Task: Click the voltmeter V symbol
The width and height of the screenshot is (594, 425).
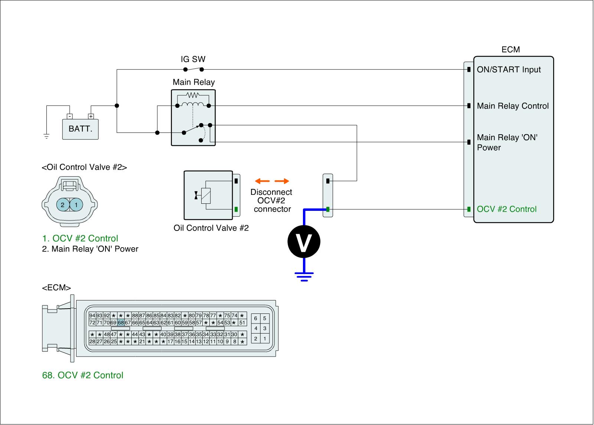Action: point(304,242)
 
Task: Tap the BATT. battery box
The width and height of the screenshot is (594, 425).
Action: point(80,129)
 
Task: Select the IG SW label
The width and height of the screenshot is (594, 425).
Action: point(193,59)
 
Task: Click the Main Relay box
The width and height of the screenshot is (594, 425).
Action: point(193,117)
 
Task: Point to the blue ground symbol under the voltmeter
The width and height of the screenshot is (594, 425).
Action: point(304,276)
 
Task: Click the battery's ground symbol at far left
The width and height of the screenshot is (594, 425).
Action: point(46,136)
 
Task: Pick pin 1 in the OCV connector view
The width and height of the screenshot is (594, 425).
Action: point(76,205)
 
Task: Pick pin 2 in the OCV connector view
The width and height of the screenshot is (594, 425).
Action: point(62,205)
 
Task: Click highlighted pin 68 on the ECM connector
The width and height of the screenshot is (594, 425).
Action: point(121,323)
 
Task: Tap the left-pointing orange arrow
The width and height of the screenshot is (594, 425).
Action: point(262,181)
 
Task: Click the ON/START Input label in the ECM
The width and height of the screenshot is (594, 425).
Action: point(509,70)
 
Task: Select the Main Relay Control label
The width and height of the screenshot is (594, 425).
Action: point(512,106)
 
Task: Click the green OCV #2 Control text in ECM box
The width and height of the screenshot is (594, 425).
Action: point(506,209)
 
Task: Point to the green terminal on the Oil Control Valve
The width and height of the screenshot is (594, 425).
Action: point(236,209)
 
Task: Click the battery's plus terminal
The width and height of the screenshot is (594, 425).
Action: point(91,116)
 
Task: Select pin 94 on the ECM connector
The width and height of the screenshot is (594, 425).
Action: point(92,316)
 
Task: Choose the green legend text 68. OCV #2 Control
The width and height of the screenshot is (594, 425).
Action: point(83,375)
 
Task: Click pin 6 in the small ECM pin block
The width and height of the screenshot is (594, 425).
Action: point(255,319)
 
